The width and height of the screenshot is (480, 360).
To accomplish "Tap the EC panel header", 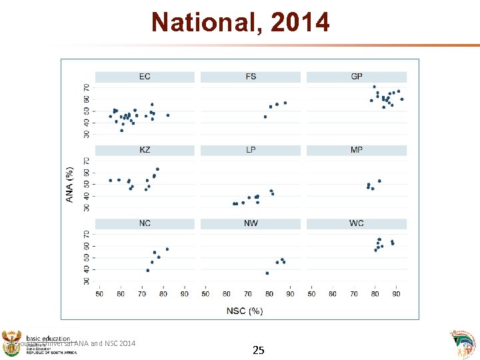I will coord(145,77).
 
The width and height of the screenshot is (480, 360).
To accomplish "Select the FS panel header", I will coord(251,77).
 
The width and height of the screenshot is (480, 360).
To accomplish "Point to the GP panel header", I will coord(357,77).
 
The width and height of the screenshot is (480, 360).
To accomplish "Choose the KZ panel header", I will coord(145,150).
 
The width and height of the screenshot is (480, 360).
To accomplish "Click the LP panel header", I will coord(251,150).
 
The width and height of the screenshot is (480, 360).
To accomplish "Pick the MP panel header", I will coord(357,150).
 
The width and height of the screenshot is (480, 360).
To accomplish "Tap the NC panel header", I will coord(145,223).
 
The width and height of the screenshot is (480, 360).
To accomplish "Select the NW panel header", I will coord(251,223).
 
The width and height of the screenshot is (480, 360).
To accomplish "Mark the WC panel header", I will coord(357,223).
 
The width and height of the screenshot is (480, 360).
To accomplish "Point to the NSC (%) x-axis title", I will coord(245,310).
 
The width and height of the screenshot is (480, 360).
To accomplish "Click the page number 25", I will coord(259,349).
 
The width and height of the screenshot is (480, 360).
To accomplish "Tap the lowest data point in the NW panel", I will coord(267,273).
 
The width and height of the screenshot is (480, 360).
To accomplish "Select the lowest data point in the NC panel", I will coord(147,270).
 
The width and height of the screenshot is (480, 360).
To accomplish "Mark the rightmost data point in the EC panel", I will coord(167,115).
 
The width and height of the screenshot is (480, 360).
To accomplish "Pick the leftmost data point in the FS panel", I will coord(265,117).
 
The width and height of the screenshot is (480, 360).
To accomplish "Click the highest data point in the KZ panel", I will coord(157,169).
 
